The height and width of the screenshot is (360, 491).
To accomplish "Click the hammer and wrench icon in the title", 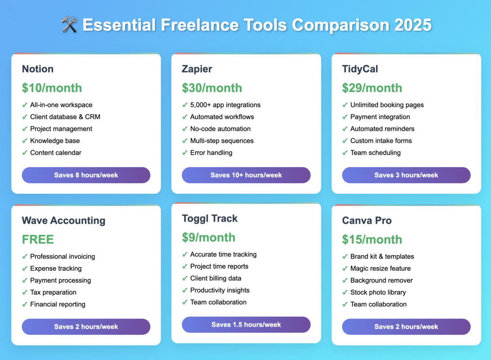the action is [69, 24].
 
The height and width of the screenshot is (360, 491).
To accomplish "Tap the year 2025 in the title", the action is [413, 25].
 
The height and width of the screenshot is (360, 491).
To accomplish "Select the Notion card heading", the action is [37, 69].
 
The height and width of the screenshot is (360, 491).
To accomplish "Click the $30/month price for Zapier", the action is [212, 88].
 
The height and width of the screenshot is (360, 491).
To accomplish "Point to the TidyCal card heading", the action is [360, 69].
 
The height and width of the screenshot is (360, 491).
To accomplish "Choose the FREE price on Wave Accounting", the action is [38, 239].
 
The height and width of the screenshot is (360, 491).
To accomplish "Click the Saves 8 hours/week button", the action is [86, 175].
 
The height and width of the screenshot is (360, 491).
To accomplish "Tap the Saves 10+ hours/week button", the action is [246, 175].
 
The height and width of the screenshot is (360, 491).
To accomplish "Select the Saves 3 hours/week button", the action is [406, 175].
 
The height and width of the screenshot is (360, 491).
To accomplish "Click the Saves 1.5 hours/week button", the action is [246, 324].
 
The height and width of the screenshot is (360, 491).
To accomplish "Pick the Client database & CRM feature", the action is [65, 117].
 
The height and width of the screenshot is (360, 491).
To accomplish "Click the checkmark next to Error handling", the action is [185, 153].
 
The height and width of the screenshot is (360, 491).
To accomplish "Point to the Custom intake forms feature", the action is [381, 141].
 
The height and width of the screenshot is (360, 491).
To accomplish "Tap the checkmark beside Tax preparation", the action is [25, 292].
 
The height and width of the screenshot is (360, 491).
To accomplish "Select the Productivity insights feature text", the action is [220, 290].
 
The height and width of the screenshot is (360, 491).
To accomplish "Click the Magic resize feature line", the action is [380, 268].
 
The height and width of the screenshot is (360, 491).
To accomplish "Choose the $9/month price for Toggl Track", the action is [208, 238].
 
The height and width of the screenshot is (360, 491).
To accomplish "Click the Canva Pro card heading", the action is [367, 220].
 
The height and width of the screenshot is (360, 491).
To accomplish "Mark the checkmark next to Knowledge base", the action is [25, 141].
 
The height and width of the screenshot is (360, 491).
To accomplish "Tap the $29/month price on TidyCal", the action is [372, 88].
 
